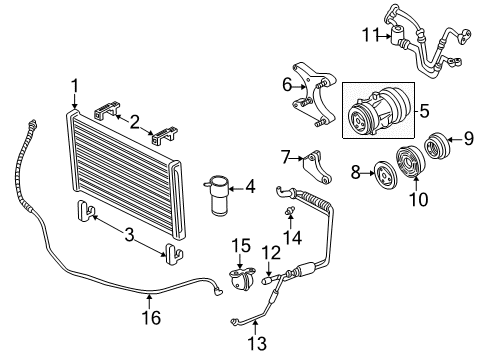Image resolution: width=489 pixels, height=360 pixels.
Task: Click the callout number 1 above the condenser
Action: (74, 85)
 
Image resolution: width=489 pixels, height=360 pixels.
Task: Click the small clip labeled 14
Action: (292, 214)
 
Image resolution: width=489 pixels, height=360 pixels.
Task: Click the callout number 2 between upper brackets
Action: (133, 121)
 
